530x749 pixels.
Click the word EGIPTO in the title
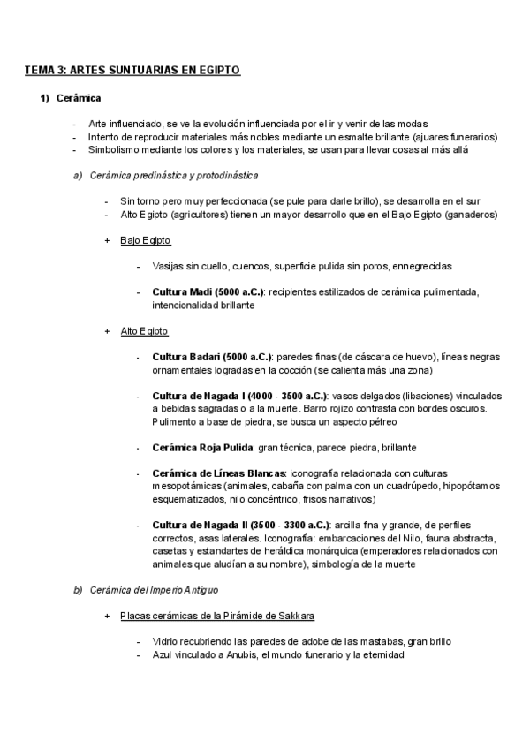219,69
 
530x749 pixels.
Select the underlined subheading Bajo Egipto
145,240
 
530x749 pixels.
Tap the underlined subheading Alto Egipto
144,331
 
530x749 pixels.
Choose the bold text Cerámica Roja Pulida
201,447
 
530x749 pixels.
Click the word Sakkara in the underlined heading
296,616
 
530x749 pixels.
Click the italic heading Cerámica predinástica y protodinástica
174,175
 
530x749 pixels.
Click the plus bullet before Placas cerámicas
106,616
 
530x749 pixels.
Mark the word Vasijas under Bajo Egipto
168,266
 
